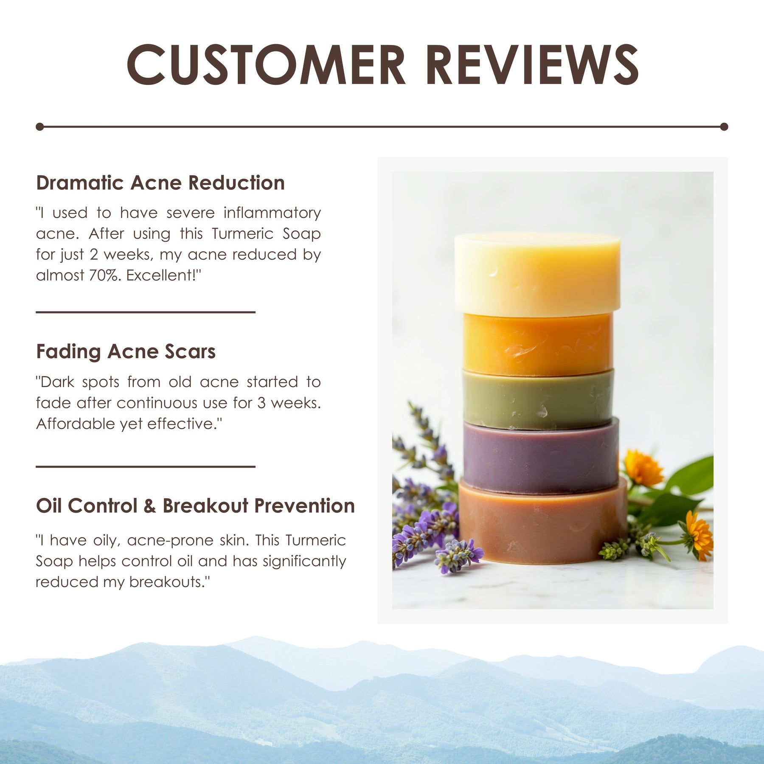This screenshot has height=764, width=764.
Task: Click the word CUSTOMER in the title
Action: pyautogui.click(x=266, y=65)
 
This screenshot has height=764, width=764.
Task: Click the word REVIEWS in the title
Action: pyautogui.click(x=532, y=65)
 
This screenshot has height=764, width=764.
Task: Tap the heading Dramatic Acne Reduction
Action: pyautogui.click(x=160, y=183)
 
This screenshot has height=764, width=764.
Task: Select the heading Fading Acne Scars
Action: pyautogui.click(x=126, y=351)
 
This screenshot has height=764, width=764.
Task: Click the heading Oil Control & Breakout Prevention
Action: pyautogui.click(x=195, y=506)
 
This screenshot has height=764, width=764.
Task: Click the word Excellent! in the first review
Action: pyautogui.click(x=163, y=275)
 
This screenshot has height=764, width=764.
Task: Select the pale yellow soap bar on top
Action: pyautogui.click(x=537, y=274)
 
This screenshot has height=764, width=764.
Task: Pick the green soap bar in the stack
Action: pyautogui.click(x=538, y=399)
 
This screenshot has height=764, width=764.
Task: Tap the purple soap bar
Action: pyautogui.click(x=541, y=456)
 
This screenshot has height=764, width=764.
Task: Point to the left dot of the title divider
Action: pyautogui.click(x=40, y=126)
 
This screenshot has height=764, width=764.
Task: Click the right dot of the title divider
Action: pyautogui.click(x=724, y=126)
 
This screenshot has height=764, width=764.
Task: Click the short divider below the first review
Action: pyautogui.click(x=146, y=312)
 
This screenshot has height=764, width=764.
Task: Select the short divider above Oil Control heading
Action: pyautogui.click(x=146, y=466)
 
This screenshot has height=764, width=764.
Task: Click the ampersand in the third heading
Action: pyautogui.click(x=149, y=506)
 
